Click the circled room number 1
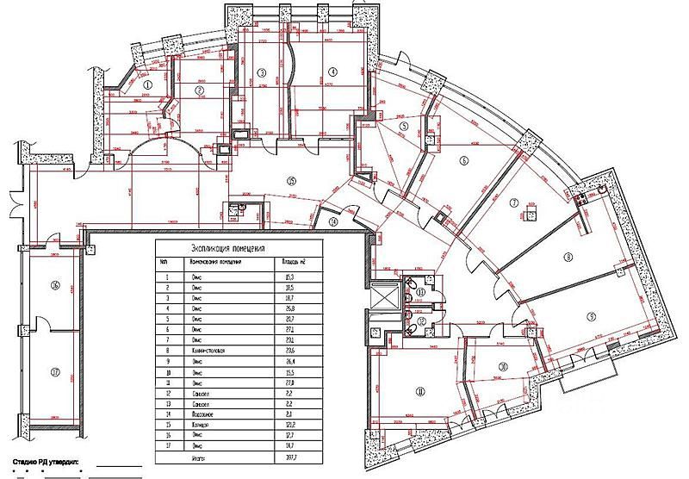147,85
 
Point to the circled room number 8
568,257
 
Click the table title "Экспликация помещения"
232,247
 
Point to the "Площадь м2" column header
291,261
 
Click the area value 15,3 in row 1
289,277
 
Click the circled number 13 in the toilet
420,293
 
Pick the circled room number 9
590,314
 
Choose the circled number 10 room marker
502,365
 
